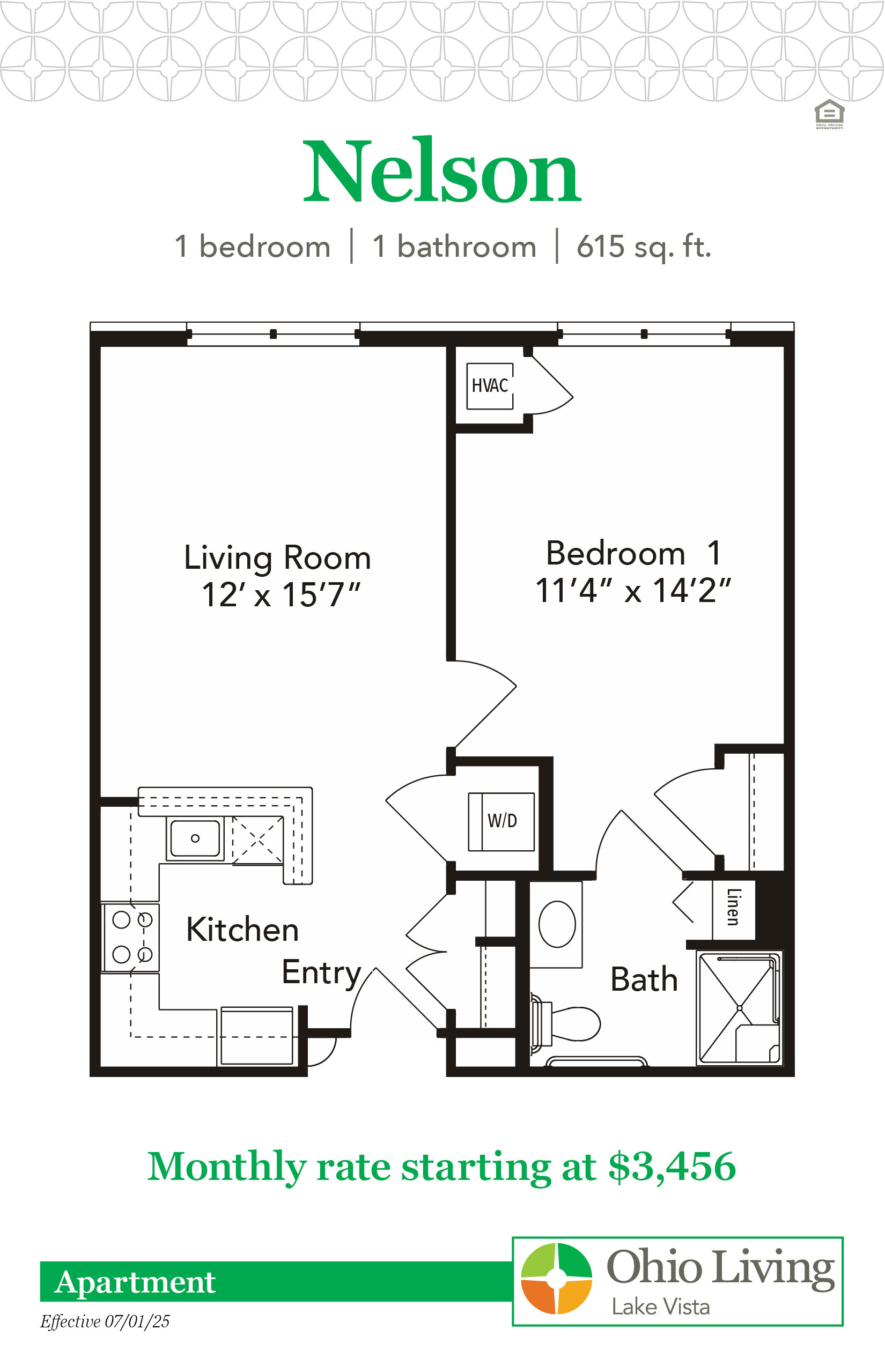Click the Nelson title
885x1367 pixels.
(x=442, y=170)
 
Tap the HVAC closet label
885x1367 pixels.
(x=490, y=385)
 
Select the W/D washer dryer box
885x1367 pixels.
(x=501, y=821)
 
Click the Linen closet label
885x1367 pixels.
(x=733, y=907)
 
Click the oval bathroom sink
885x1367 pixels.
(x=557, y=924)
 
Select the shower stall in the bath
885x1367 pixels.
(x=739, y=1008)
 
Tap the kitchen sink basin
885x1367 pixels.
(x=195, y=838)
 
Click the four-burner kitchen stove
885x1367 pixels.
(x=131, y=938)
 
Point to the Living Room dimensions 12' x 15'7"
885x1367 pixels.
(x=281, y=595)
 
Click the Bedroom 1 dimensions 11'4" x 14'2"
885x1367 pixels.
(x=633, y=590)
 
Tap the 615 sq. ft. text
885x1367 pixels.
(x=644, y=247)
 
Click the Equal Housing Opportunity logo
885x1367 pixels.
(x=829, y=114)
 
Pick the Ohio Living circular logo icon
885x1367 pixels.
(x=556, y=1279)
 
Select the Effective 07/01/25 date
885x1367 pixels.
(x=105, y=1321)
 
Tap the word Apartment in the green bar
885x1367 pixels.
(x=135, y=1282)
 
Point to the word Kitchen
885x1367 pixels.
(x=242, y=930)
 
